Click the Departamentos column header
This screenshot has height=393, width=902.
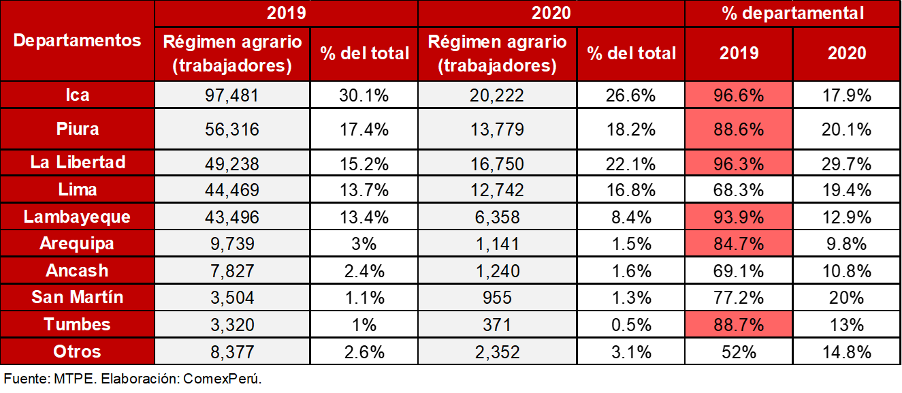click(77, 40)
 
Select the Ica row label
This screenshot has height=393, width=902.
click(77, 95)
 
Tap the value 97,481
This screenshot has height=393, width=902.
click(232, 95)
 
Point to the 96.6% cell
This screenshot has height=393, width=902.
click(739, 95)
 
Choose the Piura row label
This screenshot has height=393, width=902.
click(77, 129)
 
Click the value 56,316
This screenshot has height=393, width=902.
click(232, 129)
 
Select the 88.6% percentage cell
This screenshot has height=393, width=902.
click(739, 129)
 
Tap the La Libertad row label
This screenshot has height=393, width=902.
click(77, 163)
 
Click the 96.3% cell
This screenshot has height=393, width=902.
click(739, 163)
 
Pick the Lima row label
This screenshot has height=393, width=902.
click(77, 189)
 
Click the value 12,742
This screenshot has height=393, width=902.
click(497, 189)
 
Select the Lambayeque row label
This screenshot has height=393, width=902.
click(77, 217)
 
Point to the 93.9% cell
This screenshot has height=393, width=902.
click(739, 217)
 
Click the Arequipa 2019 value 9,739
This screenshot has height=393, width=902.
click(232, 244)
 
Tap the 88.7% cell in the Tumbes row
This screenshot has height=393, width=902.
click(739, 324)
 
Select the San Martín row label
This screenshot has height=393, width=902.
click(77, 298)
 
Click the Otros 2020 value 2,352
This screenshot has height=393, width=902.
click(497, 351)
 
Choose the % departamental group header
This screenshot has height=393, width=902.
click(792, 13)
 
